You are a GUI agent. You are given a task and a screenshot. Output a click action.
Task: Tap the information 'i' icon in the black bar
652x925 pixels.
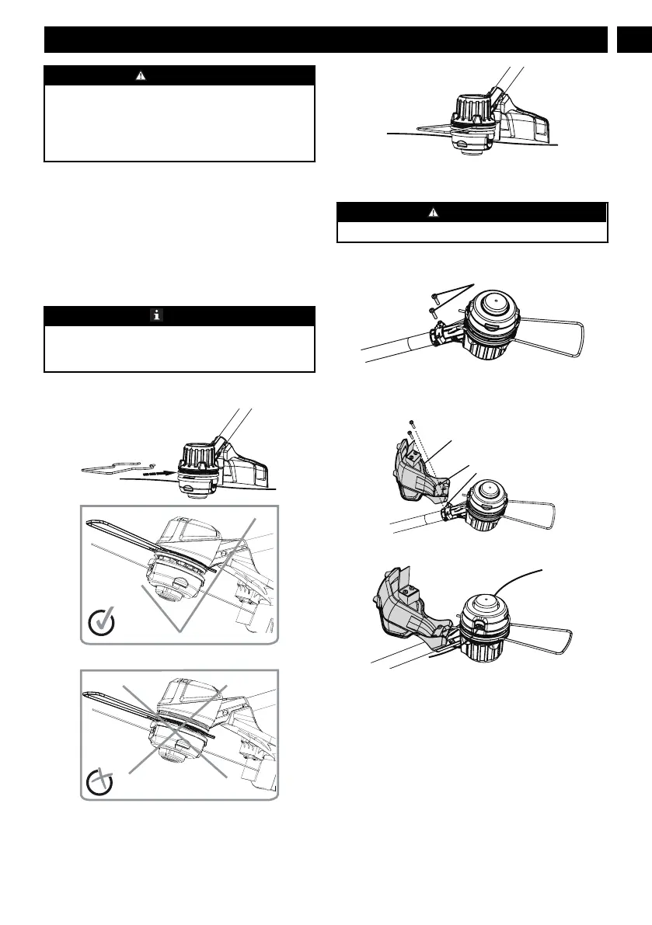(x=155, y=315)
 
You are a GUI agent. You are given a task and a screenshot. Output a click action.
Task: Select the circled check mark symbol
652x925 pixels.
(x=103, y=622)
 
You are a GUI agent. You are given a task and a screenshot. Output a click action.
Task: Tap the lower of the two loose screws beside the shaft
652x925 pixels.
(x=433, y=312)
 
